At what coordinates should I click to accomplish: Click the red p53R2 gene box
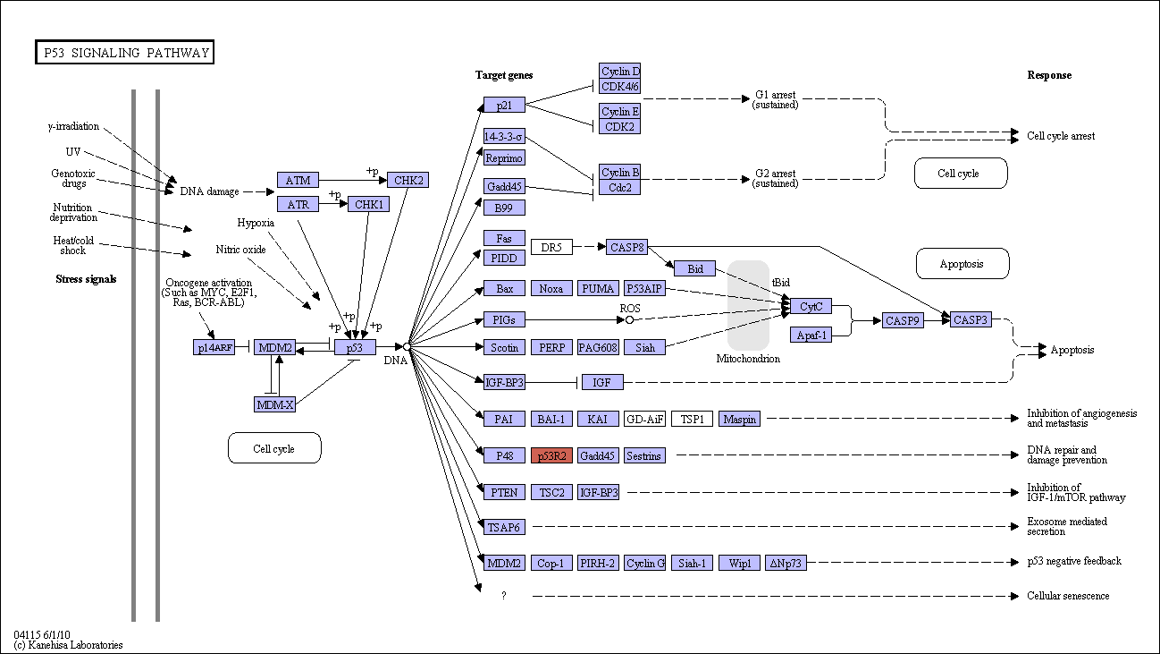pyautogui.click(x=551, y=455)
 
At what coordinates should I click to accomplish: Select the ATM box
pyautogui.click(x=298, y=180)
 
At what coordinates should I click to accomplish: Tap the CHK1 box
pyautogui.click(x=369, y=204)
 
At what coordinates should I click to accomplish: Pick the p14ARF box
pyautogui.click(x=214, y=347)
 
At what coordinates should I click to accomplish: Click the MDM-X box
pyautogui.click(x=274, y=404)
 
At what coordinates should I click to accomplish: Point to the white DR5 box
pyautogui.click(x=551, y=247)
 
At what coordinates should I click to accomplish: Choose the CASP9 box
pyautogui.click(x=903, y=320)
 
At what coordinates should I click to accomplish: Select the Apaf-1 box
pyautogui.click(x=811, y=335)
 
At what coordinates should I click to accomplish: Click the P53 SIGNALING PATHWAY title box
pyautogui.click(x=125, y=53)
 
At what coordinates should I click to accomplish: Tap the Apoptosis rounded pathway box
pyautogui.click(x=962, y=264)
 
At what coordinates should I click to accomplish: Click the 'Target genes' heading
pyautogui.click(x=504, y=75)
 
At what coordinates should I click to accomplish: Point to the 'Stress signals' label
pyautogui.click(x=86, y=279)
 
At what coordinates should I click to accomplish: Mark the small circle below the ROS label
pyautogui.click(x=630, y=320)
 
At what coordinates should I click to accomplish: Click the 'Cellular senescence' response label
pyautogui.click(x=1068, y=596)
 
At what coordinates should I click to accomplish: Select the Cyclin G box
pyautogui.click(x=644, y=563)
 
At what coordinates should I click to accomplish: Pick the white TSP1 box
pyautogui.click(x=692, y=419)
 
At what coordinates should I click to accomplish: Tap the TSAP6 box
pyautogui.click(x=504, y=527)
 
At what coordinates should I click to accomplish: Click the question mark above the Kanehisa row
pyautogui.click(x=504, y=596)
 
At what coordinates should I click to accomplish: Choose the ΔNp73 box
pyautogui.click(x=786, y=563)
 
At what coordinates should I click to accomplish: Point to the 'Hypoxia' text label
pyautogui.click(x=256, y=223)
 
